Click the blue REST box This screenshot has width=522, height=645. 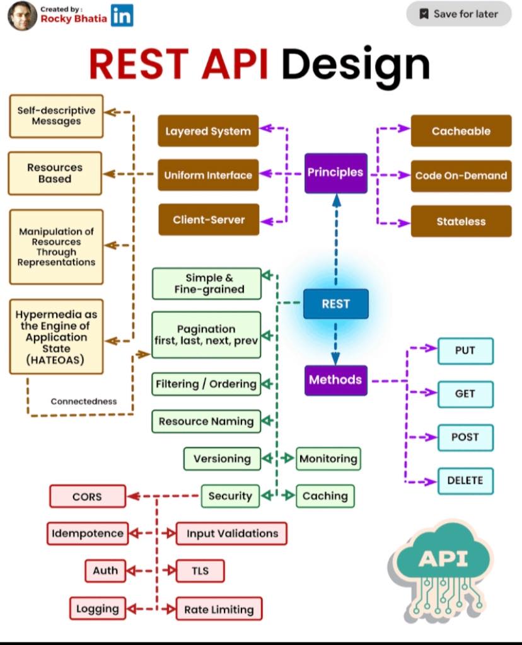[x=335, y=304]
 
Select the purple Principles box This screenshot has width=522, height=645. [x=335, y=173]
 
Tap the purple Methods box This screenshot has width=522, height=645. [x=335, y=380]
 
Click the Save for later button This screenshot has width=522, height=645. [x=458, y=14]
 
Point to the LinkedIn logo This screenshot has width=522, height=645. [x=122, y=15]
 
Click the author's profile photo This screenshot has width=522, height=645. [x=23, y=16]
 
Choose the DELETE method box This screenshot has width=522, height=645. [x=465, y=481]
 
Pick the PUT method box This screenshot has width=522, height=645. [x=465, y=351]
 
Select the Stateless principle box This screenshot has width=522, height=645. [x=461, y=221]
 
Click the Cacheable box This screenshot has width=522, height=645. [x=461, y=131]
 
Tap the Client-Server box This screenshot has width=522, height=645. [x=209, y=220]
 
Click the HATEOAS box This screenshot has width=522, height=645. [x=56, y=337]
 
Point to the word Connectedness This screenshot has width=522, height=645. [x=84, y=401]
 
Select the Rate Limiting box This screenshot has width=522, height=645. [x=219, y=609]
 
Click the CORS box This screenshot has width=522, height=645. [x=88, y=496]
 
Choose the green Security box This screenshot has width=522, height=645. [x=231, y=496]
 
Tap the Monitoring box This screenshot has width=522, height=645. [x=328, y=459]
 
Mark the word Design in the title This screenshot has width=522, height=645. [x=356, y=66]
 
